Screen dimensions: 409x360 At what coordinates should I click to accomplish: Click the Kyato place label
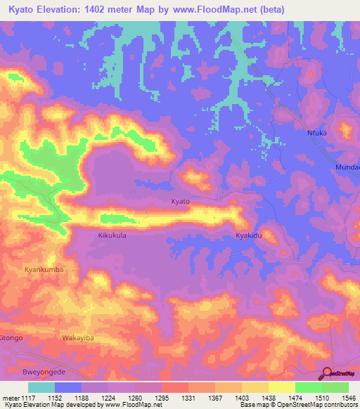(x=181, y=202)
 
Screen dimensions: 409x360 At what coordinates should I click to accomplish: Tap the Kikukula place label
(x=112, y=236)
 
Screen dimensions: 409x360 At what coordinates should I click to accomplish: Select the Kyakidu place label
(x=249, y=236)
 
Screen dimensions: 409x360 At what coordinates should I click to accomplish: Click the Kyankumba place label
(x=44, y=269)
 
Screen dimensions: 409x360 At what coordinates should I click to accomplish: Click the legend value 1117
(x=27, y=397)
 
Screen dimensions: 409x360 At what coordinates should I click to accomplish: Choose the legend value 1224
(x=108, y=397)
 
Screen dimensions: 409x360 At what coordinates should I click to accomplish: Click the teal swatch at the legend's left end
(x=41, y=387)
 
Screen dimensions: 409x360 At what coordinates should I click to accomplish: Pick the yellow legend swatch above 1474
(x=282, y=387)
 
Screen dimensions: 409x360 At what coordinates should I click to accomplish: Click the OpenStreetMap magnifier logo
(x=327, y=372)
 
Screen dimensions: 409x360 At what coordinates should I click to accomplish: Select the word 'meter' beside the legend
(x=10, y=397)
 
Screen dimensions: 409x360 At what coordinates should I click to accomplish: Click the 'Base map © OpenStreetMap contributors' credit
(x=297, y=405)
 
